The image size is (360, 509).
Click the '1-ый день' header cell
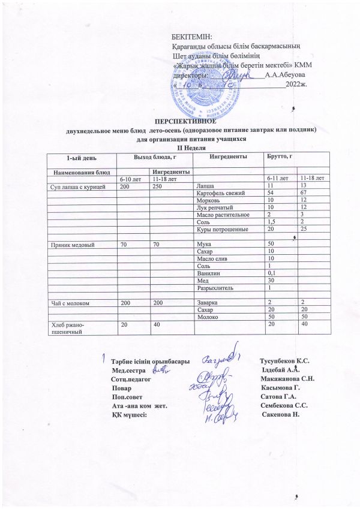(x=80, y=156)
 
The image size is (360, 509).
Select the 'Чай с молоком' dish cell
(x=70, y=303)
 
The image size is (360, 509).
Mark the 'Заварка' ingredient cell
(x=208, y=303)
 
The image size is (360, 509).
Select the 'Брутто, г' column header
(x=280, y=156)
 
